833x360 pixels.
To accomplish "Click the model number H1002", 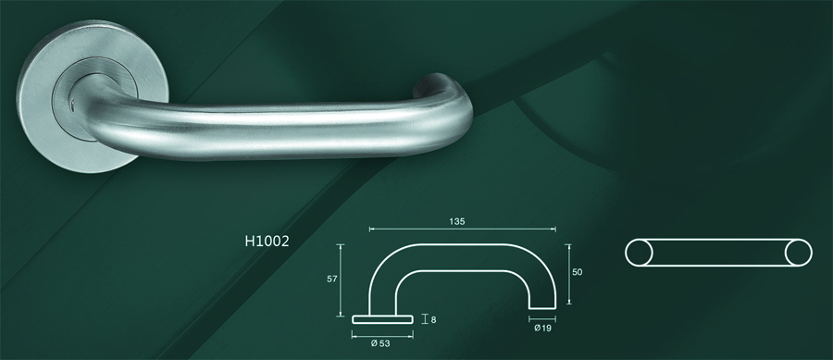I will (267, 242).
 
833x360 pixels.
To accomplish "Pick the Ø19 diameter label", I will (543, 328).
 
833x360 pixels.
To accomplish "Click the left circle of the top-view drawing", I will (640, 253).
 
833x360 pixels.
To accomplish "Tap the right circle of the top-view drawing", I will (798, 253).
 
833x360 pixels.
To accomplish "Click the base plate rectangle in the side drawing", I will (382, 318).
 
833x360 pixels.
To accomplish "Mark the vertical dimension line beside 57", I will (342, 278).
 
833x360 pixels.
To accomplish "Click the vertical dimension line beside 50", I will (566, 272).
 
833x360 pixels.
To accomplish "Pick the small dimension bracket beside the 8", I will (425, 318).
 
